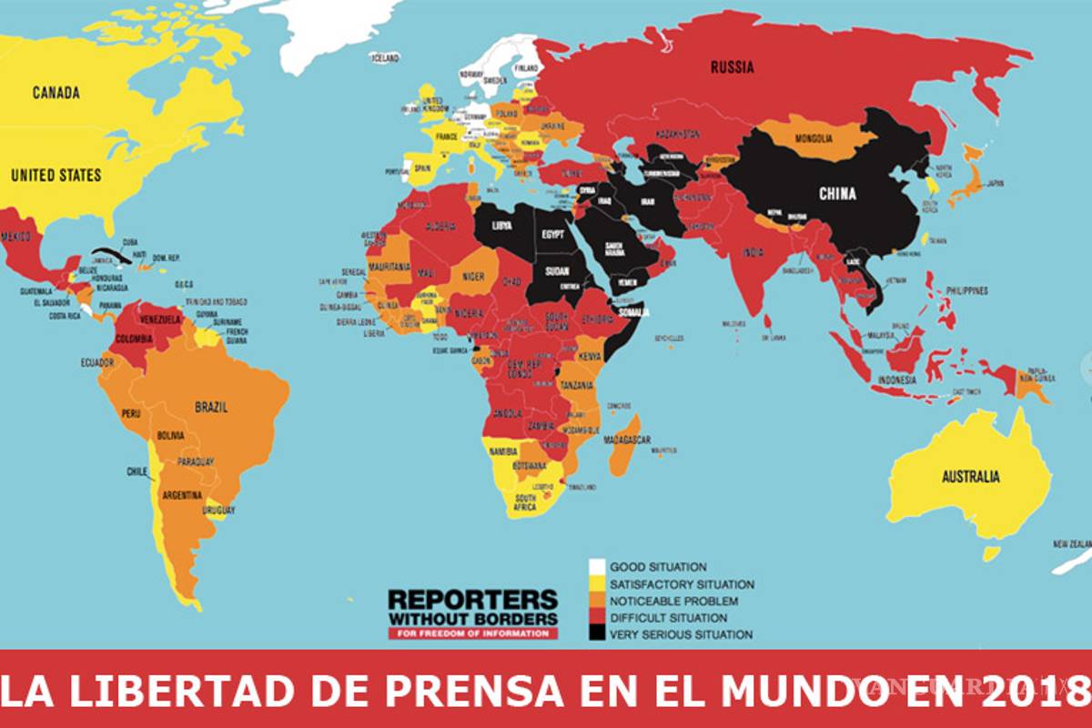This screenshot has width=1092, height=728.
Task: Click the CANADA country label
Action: coord(56,93)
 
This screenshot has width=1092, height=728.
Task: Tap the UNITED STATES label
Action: coord(56,175)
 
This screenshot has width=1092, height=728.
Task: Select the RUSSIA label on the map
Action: coord(733,66)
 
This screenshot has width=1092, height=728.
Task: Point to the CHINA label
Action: coord(837,194)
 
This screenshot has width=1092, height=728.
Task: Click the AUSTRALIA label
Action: coord(970,477)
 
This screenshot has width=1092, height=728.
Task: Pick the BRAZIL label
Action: coord(210,407)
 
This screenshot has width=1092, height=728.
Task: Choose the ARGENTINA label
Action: coord(182,496)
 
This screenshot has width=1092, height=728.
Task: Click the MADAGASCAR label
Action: coord(627,440)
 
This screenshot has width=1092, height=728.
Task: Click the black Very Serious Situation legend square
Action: coord(597,634)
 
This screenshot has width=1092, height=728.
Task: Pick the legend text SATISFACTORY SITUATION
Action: coord(682,584)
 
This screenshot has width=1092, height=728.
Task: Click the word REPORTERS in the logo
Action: coord(472,600)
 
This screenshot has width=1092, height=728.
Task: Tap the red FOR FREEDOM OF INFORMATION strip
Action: coord(473,633)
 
